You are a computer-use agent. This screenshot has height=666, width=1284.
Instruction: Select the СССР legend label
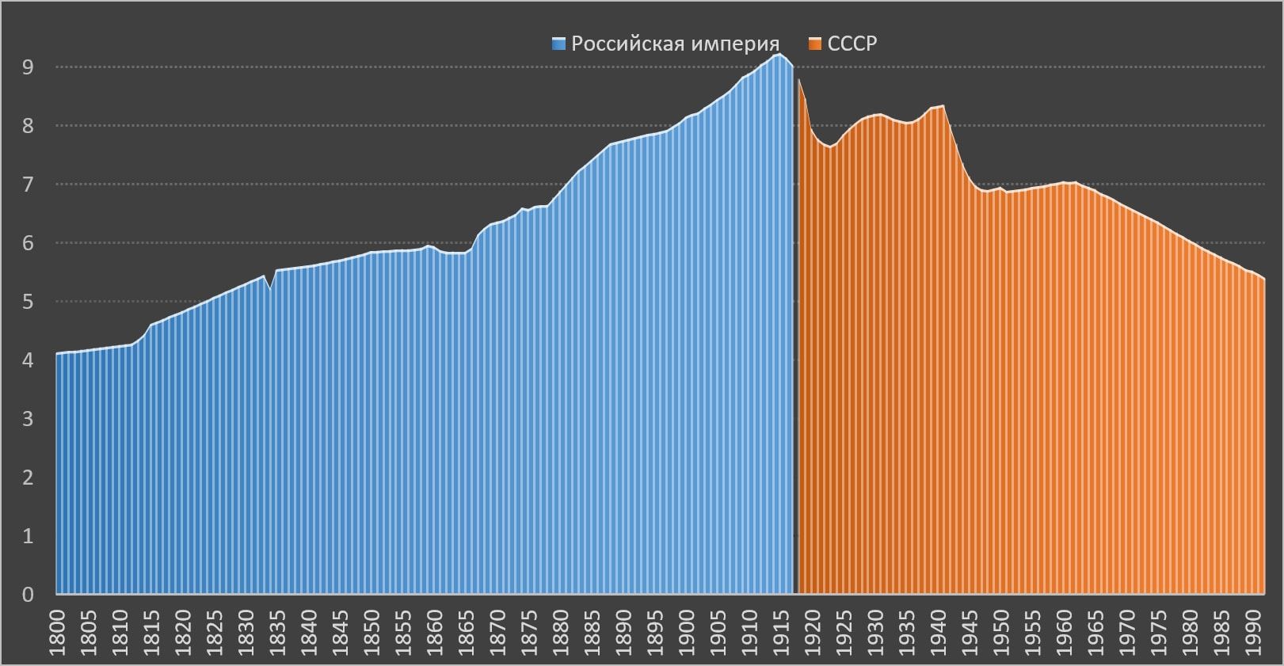[852, 44]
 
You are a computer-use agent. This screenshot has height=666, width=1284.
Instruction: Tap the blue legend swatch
[559, 44]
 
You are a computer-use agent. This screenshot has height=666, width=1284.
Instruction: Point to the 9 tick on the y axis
[29, 67]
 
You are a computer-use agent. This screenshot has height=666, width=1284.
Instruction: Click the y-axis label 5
[29, 302]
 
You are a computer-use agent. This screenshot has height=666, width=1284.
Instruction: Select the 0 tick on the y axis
[29, 594]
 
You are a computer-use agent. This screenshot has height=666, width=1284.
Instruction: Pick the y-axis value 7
[29, 185]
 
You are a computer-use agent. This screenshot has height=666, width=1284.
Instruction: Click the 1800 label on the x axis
[58, 630]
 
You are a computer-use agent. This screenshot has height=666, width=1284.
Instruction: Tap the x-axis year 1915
[782, 630]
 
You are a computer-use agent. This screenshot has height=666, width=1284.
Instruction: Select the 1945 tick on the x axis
[970, 630]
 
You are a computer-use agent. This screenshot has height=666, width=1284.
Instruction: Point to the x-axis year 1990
[1254, 630]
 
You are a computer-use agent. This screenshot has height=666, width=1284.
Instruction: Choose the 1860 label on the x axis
[435, 630]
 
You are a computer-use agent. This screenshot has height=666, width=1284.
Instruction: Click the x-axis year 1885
[592, 630]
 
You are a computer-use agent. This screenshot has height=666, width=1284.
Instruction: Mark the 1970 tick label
[1128, 630]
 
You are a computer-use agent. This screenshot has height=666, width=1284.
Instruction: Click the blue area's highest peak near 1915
[779, 55]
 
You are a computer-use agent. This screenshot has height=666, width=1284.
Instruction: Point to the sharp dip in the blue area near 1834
[270, 290]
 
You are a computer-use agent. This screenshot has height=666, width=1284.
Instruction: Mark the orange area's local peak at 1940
[943, 106]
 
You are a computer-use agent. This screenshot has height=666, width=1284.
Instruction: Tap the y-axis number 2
[29, 477]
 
